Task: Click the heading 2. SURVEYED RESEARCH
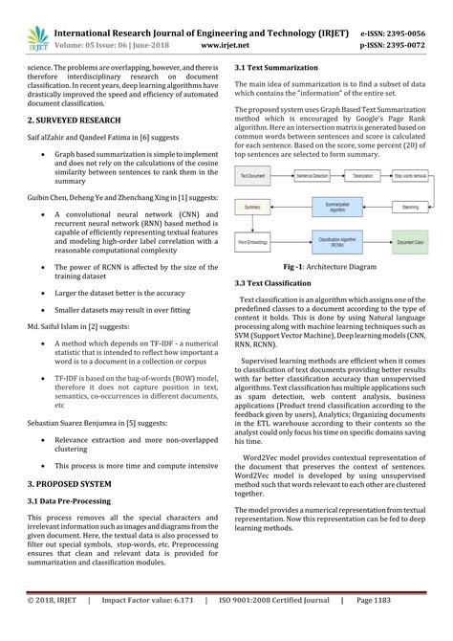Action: click(x=74, y=121)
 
